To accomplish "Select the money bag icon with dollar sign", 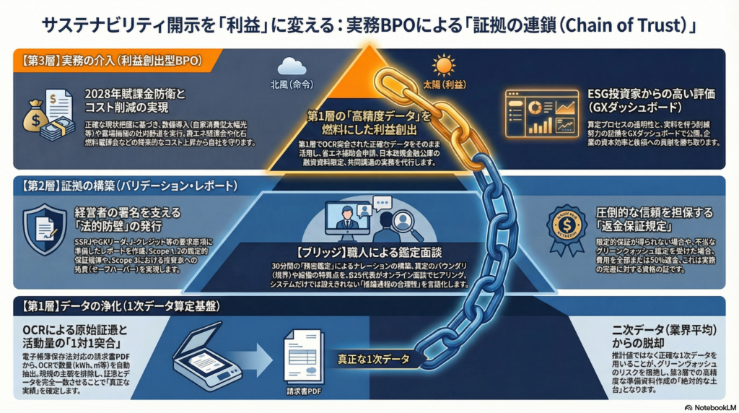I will (39, 116).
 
